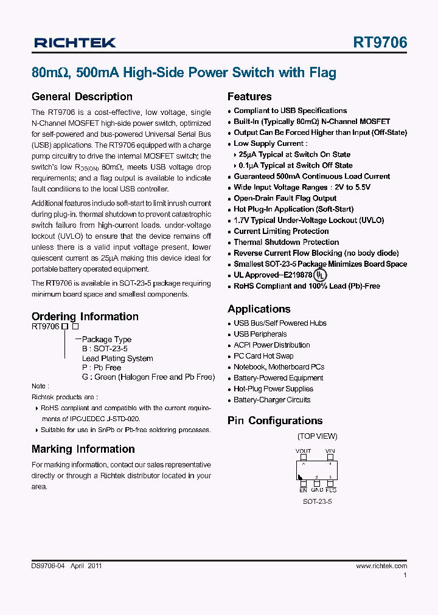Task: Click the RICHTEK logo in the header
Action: [x=75, y=43]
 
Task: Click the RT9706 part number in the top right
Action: [x=380, y=43]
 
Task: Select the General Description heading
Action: [x=82, y=97]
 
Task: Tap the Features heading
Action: [x=249, y=97]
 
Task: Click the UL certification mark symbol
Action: [x=319, y=275]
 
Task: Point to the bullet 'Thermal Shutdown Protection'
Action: [x=286, y=242]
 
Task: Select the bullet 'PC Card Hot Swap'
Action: [x=263, y=356]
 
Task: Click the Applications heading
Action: [x=259, y=309]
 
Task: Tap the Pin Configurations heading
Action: [x=275, y=421]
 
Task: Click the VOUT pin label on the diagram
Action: [x=303, y=452]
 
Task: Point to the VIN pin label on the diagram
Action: [x=330, y=452]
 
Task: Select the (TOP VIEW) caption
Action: [x=317, y=436]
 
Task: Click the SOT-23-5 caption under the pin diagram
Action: [x=317, y=501]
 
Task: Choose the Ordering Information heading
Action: [x=85, y=317]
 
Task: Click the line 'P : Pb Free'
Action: [x=102, y=368]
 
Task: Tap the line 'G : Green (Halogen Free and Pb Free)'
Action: [x=148, y=377]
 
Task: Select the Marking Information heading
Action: [x=83, y=449]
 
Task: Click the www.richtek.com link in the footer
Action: [x=381, y=566]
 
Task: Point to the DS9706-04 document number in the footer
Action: [x=47, y=566]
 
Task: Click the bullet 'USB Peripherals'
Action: [x=260, y=334]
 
